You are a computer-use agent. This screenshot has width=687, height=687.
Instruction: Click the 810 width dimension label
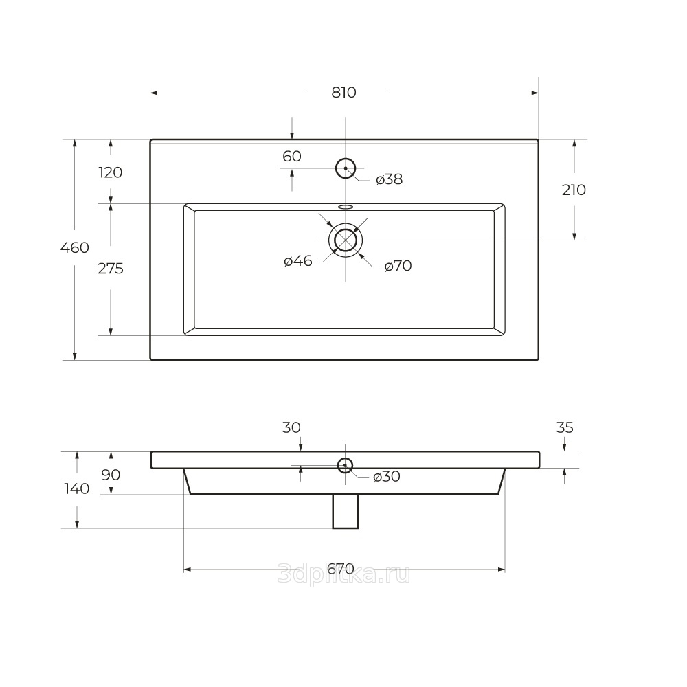344,93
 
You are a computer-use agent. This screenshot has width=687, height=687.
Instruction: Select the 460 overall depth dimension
74,247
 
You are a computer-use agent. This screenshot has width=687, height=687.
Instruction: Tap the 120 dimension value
111,172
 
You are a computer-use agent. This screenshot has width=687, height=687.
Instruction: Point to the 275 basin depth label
111,268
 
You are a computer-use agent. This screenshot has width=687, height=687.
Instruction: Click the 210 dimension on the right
574,190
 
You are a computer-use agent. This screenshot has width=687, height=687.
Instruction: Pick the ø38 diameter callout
389,179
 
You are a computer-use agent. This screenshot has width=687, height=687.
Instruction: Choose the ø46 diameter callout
298,262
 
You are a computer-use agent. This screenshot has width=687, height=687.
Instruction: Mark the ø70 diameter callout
398,266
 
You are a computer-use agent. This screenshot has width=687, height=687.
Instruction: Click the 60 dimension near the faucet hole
292,156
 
